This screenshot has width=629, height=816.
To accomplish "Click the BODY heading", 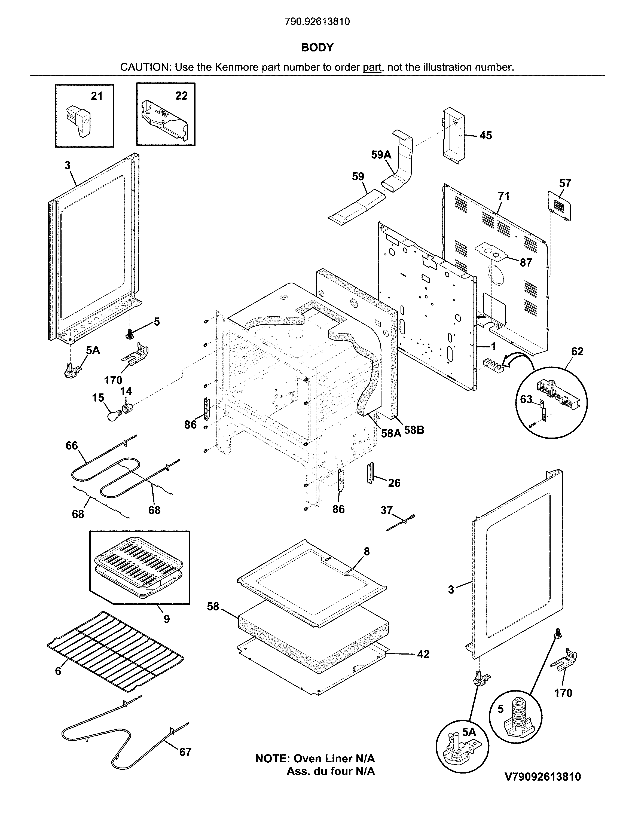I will (317, 47).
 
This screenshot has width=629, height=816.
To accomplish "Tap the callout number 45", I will (486, 136).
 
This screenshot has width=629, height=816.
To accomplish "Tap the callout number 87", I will (526, 263).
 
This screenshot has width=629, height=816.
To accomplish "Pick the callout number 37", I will (386, 510).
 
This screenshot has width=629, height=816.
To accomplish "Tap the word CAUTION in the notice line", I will (145, 67).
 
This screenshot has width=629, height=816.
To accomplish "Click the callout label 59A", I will (381, 155).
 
